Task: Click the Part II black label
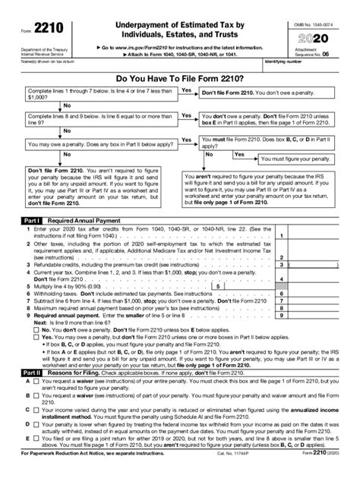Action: (30, 373)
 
